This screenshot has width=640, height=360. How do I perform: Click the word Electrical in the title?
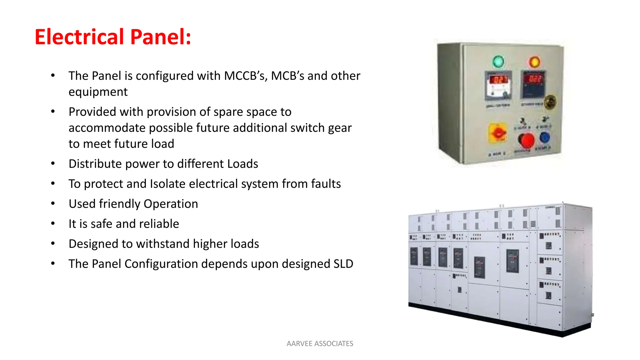79,37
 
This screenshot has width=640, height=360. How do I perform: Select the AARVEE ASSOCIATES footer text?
320,343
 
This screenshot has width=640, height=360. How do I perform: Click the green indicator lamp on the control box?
498,61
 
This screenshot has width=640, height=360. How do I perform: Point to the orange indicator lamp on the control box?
534,62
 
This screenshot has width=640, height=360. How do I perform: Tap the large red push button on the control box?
527,140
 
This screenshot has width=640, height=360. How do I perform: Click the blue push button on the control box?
545,137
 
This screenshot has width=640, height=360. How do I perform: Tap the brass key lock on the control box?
550,102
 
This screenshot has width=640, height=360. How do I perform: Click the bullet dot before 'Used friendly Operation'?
53,204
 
